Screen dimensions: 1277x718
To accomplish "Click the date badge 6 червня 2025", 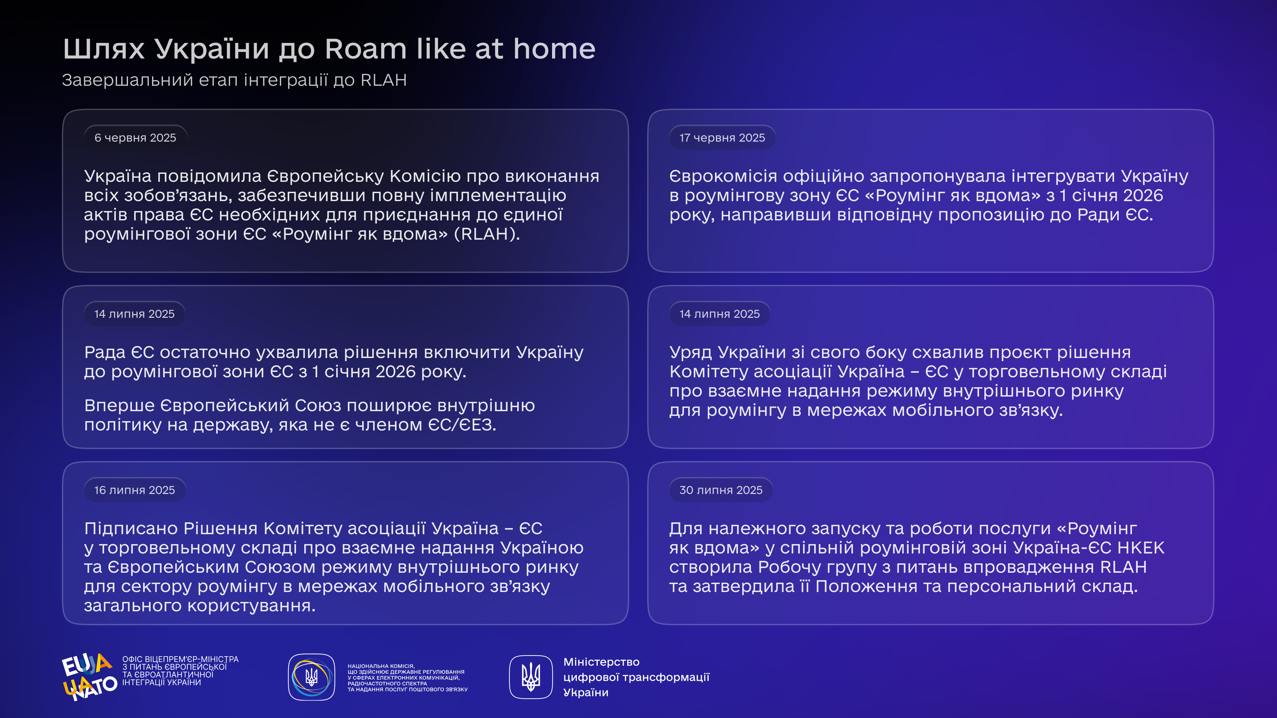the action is [135, 137].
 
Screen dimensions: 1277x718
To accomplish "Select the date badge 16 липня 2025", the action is [134, 490].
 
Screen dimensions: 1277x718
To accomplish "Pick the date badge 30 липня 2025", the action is [721, 490].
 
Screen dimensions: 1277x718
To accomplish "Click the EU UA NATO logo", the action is [89, 676].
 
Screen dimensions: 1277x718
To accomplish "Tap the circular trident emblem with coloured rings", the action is [311, 677].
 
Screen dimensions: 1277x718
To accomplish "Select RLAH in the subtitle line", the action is [384, 80].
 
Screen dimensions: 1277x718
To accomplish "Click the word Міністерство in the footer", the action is [601, 662].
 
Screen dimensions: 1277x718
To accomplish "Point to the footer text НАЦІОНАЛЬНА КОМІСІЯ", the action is [381, 666].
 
